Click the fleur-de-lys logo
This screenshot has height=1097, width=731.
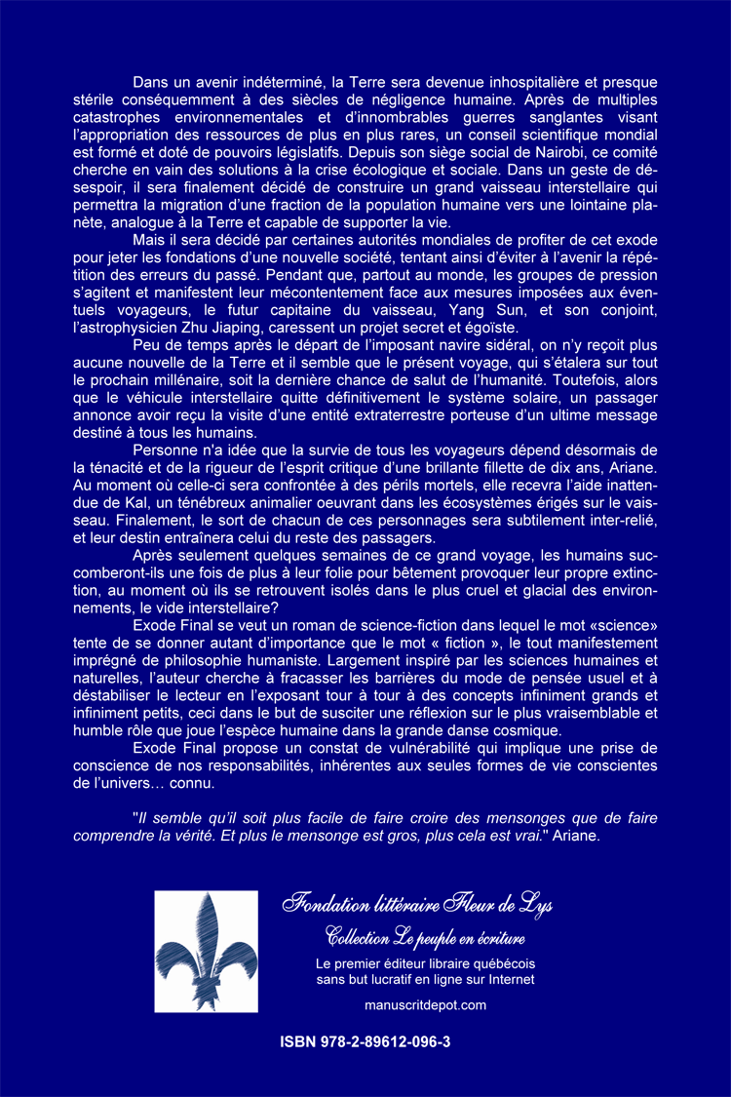pyautogui.click(x=206, y=951)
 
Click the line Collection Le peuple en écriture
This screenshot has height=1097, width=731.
pyautogui.click(x=425, y=939)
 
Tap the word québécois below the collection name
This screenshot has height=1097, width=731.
pyautogui.click(x=497, y=963)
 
